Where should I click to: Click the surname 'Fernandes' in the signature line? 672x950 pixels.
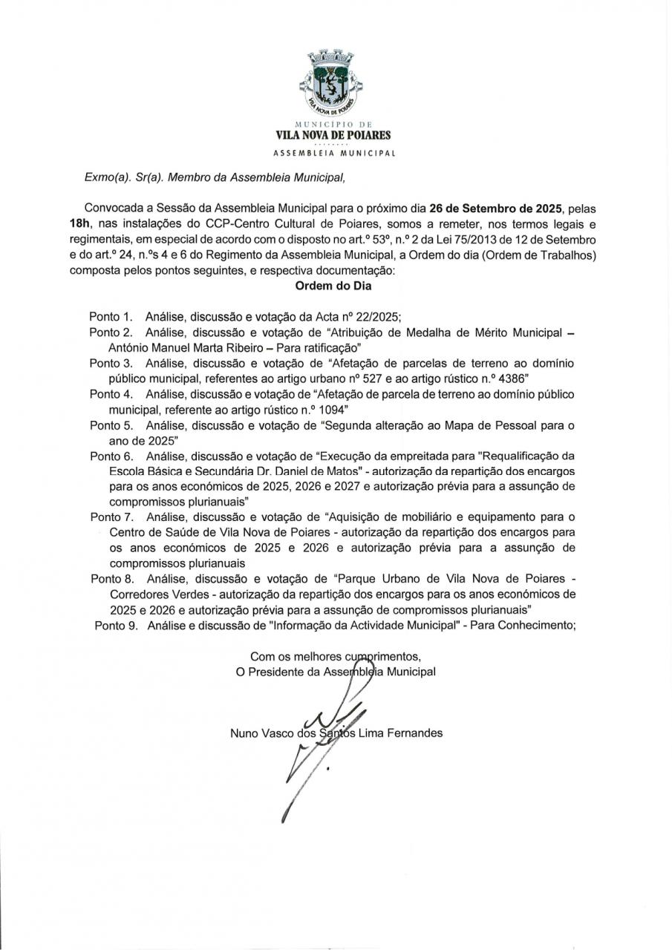tap(416, 733)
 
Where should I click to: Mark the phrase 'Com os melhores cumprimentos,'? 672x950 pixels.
tap(336, 656)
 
